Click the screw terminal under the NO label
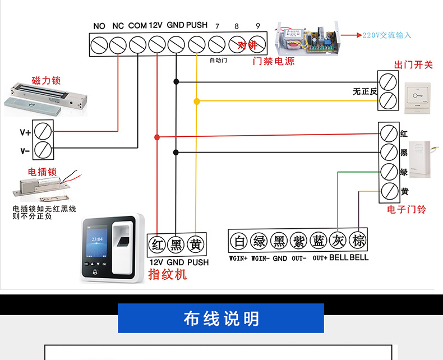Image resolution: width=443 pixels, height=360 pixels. pyautogui.click(x=99, y=44)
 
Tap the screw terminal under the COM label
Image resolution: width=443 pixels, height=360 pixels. pyautogui.click(x=138, y=44)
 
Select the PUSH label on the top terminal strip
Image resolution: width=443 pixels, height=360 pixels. pyautogui.click(x=197, y=26)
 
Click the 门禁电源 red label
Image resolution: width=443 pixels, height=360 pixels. pyautogui.click(x=274, y=61)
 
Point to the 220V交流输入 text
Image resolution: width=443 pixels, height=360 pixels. pyautogui.click(x=387, y=35)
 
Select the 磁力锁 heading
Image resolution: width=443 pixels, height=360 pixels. pyautogui.click(x=47, y=81)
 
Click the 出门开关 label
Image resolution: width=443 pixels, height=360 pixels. pyautogui.click(x=414, y=65)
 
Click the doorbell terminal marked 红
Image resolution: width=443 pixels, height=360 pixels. pyautogui.click(x=389, y=134)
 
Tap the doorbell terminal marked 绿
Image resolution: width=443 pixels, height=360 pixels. pyautogui.click(x=389, y=172)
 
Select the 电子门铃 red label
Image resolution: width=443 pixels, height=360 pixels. pyautogui.click(x=407, y=209)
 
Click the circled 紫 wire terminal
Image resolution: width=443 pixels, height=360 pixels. pyautogui.click(x=299, y=241)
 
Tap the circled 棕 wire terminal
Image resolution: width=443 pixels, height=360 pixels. pyautogui.click(x=358, y=241)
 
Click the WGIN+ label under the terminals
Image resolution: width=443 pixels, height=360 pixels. pyautogui.click(x=238, y=259)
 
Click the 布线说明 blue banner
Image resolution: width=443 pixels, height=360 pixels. pyautogui.click(x=221, y=319)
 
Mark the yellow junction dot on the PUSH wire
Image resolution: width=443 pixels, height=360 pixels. pyautogui.click(x=196, y=101)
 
